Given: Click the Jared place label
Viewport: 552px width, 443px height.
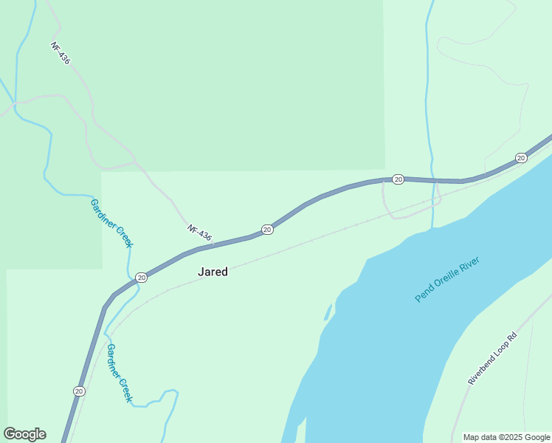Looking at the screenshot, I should point(213,272).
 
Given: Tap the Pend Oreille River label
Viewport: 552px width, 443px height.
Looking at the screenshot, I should point(447,279).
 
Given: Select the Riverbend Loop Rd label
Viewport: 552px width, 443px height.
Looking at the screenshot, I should point(493,358).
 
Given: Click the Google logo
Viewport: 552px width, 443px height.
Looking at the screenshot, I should point(24,434).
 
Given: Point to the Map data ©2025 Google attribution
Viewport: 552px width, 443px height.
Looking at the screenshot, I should point(507,438).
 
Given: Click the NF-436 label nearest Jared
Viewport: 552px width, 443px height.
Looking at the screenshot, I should point(199,233).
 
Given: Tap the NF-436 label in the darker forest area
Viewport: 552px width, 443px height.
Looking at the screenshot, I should point(61,52).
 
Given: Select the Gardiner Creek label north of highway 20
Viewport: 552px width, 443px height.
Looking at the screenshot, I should point(111,222).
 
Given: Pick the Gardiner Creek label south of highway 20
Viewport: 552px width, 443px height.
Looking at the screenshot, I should point(119,373).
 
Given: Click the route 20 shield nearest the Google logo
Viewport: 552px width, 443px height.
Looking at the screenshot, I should point(79,391).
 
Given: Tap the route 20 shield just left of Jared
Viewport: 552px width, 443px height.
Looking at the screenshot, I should point(141,277).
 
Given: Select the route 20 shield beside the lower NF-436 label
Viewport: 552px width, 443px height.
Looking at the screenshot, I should point(267,230).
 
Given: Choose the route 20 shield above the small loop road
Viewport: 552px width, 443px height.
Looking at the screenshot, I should point(398,179).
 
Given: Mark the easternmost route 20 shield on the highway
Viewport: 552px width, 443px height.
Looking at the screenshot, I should point(521,158).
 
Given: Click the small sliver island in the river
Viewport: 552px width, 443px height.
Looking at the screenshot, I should point(327,312).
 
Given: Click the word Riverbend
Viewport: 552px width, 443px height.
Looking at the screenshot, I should point(480,371).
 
